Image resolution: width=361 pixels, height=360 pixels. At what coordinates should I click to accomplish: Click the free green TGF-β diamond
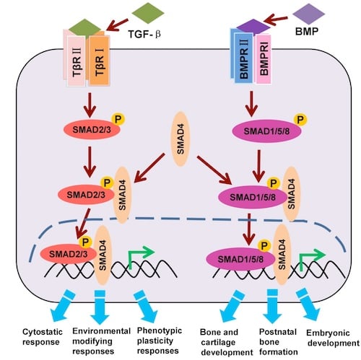149,13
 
